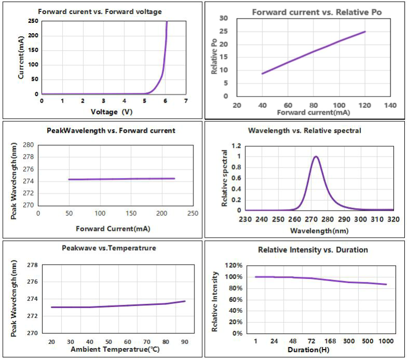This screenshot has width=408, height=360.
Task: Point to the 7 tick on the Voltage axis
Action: (186, 101)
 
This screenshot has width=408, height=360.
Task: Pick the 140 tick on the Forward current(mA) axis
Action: (390, 105)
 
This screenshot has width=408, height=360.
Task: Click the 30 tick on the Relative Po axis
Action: (224, 18)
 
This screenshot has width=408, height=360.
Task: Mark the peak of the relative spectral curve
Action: (315, 156)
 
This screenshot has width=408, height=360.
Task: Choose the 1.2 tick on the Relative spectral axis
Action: (236, 146)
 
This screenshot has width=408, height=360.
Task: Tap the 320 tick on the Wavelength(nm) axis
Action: (393, 219)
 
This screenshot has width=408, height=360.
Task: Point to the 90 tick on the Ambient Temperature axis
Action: (184, 342)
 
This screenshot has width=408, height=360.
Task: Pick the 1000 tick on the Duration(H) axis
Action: (386, 342)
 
